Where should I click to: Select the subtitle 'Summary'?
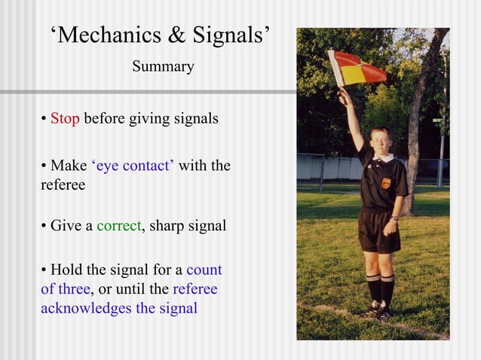pos(163,67)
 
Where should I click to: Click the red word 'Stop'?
pos(65,119)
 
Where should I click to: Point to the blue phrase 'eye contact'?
pos(133,166)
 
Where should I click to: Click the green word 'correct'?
pos(118,225)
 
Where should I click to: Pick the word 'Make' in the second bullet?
pos(69,166)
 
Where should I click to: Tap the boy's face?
pos(381,142)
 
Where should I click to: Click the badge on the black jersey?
pos(386,182)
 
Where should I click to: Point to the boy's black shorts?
pos(377,231)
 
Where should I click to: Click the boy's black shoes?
pos(377,310)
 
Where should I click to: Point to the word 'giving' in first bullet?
pos(150,120)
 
